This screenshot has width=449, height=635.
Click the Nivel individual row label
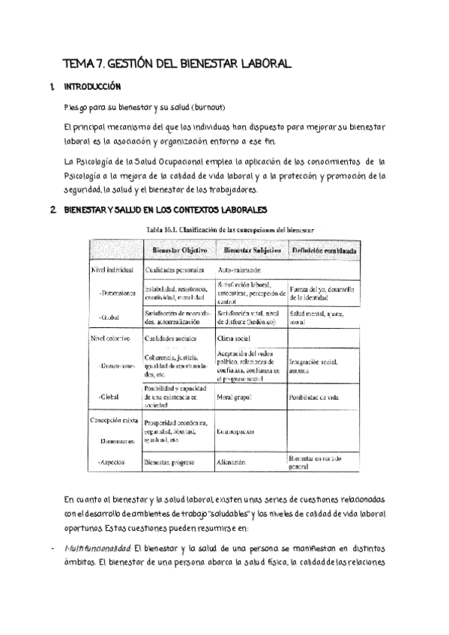(x=112, y=267)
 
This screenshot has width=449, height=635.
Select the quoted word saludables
(x=232, y=512)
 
